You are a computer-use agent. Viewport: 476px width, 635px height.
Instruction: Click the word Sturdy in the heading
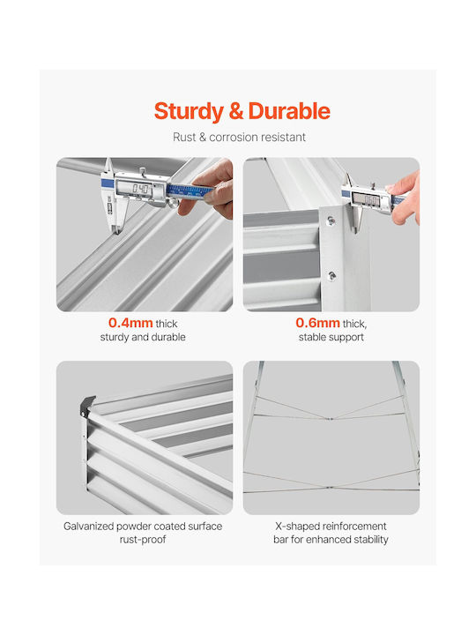[x=189, y=112]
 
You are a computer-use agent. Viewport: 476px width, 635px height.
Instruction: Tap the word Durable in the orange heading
[x=289, y=111]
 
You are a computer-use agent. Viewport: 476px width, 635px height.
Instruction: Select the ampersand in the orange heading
[x=236, y=111]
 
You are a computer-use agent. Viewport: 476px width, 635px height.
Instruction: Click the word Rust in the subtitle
[x=184, y=138]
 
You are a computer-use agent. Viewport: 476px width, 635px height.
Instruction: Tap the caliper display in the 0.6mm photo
[x=366, y=199]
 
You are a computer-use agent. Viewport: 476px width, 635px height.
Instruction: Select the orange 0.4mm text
[x=130, y=323]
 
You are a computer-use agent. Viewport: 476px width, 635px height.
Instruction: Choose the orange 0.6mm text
[x=317, y=323]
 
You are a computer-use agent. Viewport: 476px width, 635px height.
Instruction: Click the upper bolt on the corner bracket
[x=331, y=220]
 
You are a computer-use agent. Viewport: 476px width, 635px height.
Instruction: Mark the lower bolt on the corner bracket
[x=332, y=276]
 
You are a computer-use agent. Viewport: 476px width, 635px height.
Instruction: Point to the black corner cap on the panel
[x=87, y=405]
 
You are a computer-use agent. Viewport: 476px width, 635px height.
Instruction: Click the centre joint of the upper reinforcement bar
[x=331, y=419]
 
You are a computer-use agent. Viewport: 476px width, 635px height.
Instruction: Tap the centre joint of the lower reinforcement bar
[x=331, y=488]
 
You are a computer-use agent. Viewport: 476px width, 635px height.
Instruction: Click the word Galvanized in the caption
[x=89, y=527]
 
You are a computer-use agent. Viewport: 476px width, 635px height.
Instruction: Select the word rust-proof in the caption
[x=143, y=540]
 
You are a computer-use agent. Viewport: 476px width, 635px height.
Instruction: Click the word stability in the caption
[x=371, y=540]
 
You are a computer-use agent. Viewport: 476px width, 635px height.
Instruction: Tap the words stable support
[x=331, y=337]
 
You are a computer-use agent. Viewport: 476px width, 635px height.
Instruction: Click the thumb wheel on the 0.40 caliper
[x=174, y=203]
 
